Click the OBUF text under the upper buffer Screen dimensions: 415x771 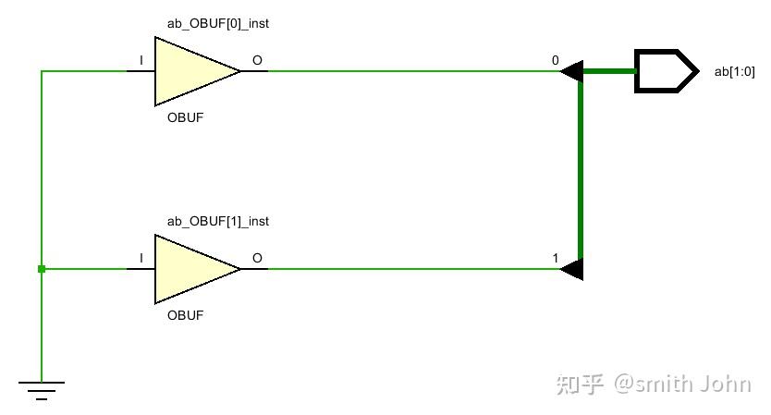click(185, 118)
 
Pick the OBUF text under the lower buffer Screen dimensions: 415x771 click(185, 315)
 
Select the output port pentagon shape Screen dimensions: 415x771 click(665, 71)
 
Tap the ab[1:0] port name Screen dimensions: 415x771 click(735, 71)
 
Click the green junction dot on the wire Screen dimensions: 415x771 click(42, 269)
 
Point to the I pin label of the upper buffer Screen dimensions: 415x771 click(141, 61)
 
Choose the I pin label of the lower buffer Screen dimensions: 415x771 click(141, 258)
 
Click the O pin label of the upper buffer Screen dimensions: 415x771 click(257, 61)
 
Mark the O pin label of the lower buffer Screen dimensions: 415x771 click(257, 258)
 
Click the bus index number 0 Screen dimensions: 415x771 click(555, 61)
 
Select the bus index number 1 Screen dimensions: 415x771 click(555, 258)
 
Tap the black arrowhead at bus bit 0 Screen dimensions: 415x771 click(572, 71)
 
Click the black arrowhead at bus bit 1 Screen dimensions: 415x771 click(572, 269)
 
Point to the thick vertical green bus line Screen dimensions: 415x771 click(581, 171)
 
